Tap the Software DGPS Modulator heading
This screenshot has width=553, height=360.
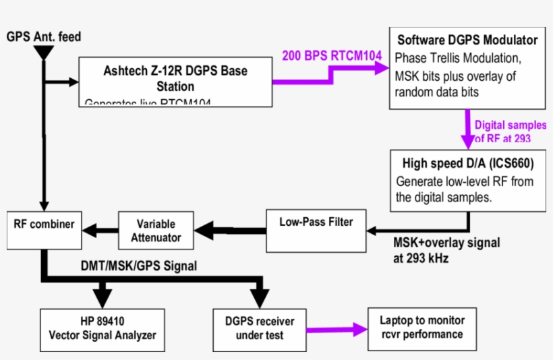coord(467,40)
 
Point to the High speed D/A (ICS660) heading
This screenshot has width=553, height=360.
coord(467,163)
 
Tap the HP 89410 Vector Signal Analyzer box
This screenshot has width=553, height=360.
coord(101,328)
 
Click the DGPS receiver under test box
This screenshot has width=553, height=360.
coord(259,328)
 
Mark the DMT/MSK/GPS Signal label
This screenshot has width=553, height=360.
coord(138,266)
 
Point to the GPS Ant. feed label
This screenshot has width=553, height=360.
coord(44,36)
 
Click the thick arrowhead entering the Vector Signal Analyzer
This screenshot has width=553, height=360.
coord(102,297)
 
